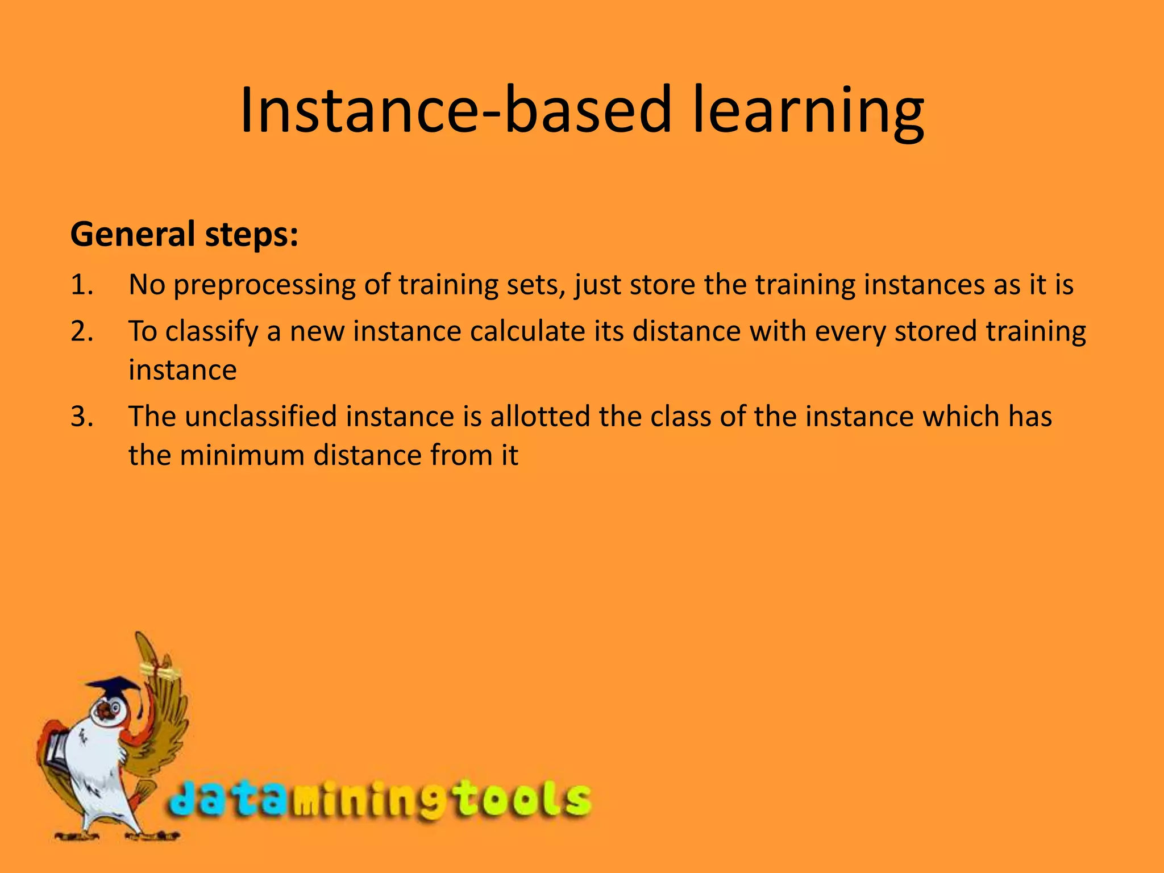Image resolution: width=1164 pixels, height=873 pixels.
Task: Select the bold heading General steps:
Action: (184, 234)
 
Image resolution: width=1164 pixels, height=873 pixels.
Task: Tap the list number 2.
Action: (82, 331)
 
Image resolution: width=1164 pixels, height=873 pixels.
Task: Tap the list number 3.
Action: (82, 416)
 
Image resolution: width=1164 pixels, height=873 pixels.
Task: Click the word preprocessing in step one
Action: (264, 285)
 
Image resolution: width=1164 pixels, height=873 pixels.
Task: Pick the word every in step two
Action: (850, 332)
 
